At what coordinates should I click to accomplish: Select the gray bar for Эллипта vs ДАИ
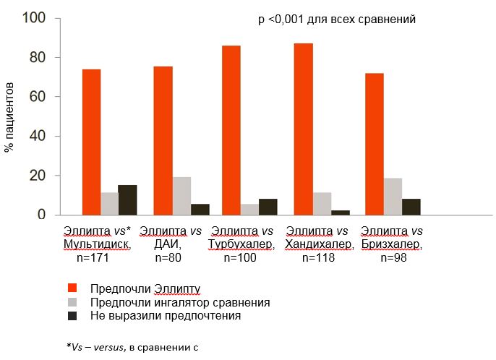point(181,196)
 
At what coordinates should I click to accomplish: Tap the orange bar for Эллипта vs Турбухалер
point(231,130)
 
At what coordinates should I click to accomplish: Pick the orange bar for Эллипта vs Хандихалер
point(303,129)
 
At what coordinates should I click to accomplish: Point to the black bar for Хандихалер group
point(340,213)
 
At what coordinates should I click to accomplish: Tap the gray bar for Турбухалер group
point(249,210)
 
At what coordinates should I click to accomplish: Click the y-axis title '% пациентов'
point(9,116)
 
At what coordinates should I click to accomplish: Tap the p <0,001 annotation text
point(336,20)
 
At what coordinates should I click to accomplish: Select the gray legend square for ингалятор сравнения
point(71,302)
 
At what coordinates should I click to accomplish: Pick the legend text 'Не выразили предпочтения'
point(166,316)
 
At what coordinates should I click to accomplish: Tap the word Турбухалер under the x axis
point(241,244)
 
